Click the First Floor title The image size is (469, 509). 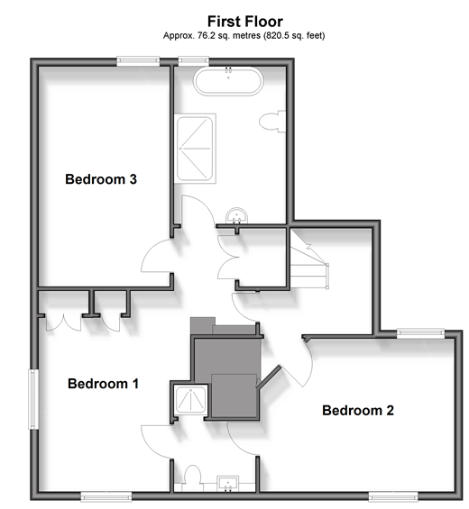245,22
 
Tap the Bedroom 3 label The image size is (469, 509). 101,179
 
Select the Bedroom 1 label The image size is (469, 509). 103,384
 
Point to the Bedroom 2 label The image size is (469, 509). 358,410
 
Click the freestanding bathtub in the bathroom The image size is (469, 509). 228,81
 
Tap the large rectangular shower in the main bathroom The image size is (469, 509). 195,149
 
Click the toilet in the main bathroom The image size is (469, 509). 272,122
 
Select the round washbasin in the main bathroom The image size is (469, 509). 236,216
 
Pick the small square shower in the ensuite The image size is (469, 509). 191,400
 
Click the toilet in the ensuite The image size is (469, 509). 192,477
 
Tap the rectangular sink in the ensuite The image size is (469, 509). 228,484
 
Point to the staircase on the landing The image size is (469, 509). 308,259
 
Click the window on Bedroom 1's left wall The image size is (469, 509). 33,399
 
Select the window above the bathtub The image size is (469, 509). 193,60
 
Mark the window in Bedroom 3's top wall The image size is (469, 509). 138,61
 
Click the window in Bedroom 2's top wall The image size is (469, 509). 420,333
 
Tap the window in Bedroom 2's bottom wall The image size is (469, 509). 393,496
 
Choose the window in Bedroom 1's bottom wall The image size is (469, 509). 106,496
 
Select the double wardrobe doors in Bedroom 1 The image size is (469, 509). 64,323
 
